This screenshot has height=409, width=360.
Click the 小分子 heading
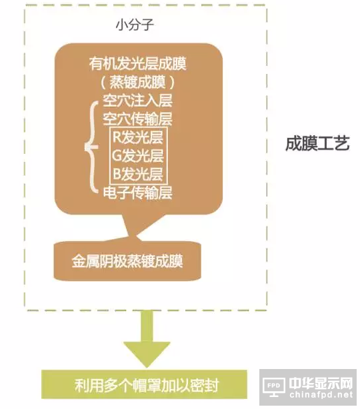click(135, 25)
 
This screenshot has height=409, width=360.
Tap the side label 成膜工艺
click(317, 143)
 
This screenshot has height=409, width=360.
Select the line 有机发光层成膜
click(137, 64)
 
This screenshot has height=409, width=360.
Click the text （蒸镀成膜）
click(137, 83)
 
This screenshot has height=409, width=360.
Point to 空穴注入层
click(137, 101)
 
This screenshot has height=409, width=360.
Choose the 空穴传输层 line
click(137, 119)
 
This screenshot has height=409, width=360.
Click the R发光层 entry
click(138, 137)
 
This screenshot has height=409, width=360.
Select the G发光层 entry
click(138, 155)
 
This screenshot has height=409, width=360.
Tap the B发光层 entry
click(138, 174)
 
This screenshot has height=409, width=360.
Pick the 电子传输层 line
click(137, 193)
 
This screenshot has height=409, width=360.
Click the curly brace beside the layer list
click(91, 147)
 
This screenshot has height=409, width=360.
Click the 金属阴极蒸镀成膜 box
click(127, 261)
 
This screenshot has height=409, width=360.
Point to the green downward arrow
click(147, 339)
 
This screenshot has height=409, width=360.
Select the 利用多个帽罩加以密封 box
click(145, 384)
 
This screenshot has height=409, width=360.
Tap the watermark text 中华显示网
click(321, 383)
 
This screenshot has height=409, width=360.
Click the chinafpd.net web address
click(321, 394)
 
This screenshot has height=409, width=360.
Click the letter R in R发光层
click(117, 137)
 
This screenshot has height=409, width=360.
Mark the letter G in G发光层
click(117, 155)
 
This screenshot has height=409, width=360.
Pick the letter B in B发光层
click(117, 174)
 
